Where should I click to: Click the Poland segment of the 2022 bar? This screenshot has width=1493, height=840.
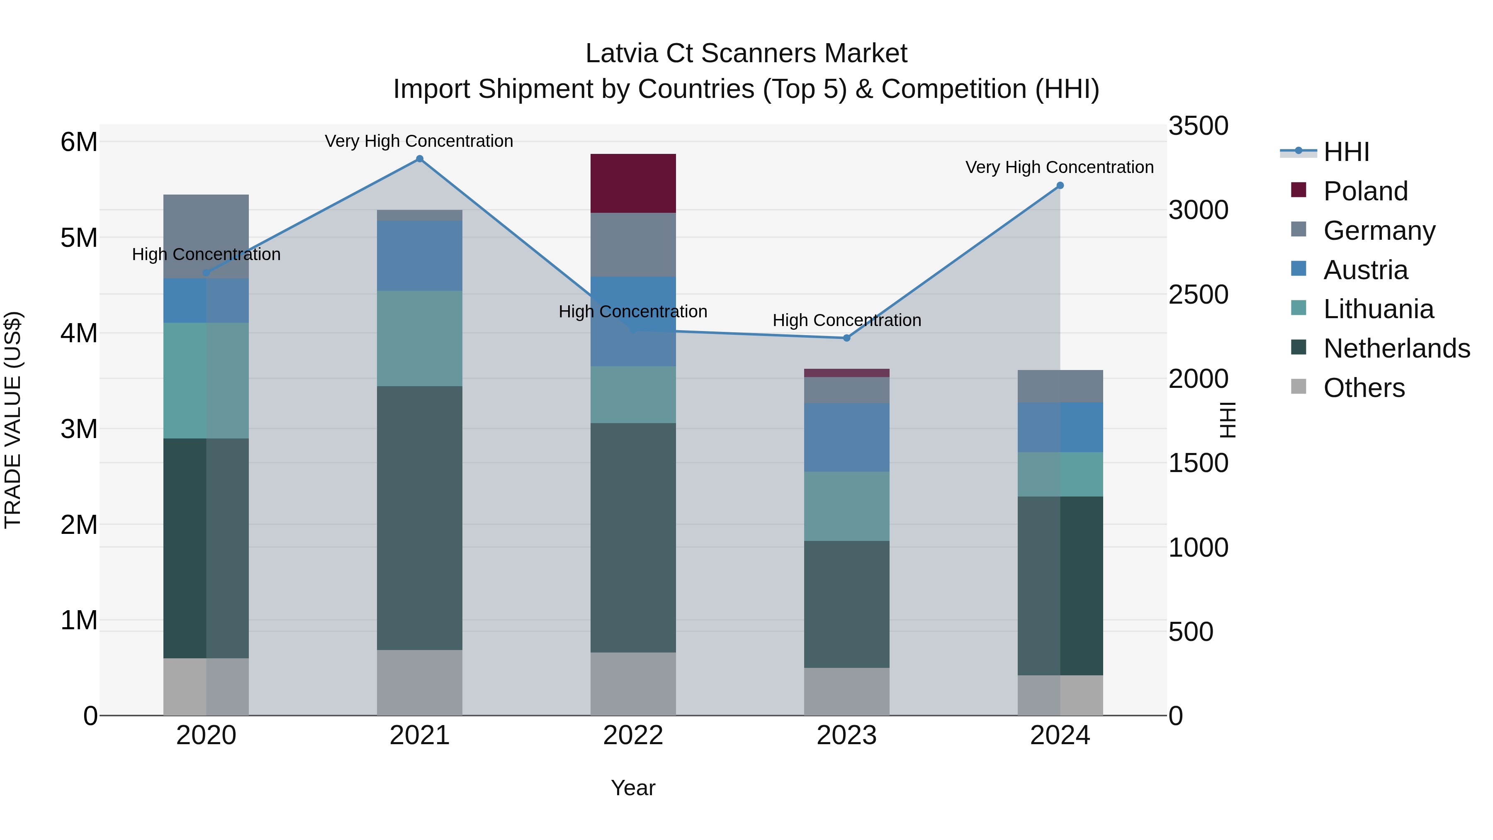633,183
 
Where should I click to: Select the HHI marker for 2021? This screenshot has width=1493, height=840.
420,159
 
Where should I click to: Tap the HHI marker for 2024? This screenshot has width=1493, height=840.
1060,185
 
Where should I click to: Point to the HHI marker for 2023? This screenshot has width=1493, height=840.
846,338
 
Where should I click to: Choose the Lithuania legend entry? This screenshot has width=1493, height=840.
1378,309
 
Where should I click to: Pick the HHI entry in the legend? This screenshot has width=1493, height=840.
1346,152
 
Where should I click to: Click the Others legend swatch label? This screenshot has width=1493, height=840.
1363,388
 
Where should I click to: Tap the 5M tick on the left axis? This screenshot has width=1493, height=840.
79,238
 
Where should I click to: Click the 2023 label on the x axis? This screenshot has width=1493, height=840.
846,735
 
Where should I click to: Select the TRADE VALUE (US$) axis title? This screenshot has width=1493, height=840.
13,420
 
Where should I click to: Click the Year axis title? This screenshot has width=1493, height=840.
633,788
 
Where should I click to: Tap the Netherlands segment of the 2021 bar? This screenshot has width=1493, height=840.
420,518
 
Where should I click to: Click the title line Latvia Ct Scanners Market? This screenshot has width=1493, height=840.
746,54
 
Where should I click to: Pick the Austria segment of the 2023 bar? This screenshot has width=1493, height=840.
846,437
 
